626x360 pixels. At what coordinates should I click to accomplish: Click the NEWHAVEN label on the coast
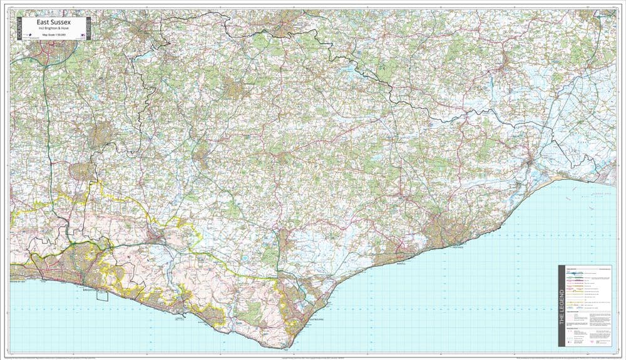[x=180, y=317]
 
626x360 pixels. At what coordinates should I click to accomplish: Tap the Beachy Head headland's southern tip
[x=286, y=346]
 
